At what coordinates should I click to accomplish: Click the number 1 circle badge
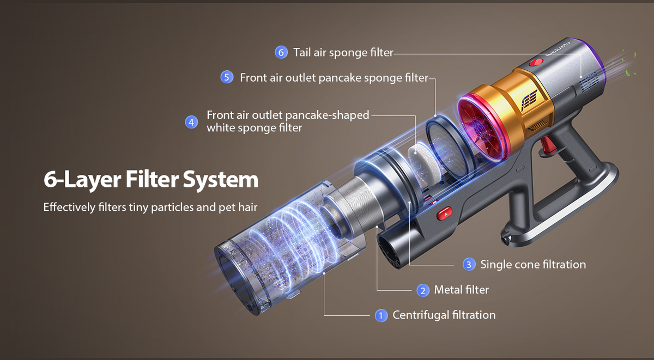pos(381,315)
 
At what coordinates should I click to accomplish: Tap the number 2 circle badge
pos(423,290)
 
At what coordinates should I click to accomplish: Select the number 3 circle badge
pos(469,265)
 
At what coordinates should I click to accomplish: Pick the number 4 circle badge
pos(191,122)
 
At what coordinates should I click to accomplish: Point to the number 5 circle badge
pos(227,77)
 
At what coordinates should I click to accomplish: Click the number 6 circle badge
pos(281,52)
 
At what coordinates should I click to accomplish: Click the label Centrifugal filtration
pos(444,315)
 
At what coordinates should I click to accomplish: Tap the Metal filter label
pos(461,290)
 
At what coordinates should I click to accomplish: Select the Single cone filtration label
pos(533,265)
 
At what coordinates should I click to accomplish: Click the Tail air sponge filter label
pos(343,52)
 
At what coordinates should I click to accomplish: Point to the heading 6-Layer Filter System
pos(151,180)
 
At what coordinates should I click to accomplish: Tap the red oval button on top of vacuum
pos(537,64)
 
